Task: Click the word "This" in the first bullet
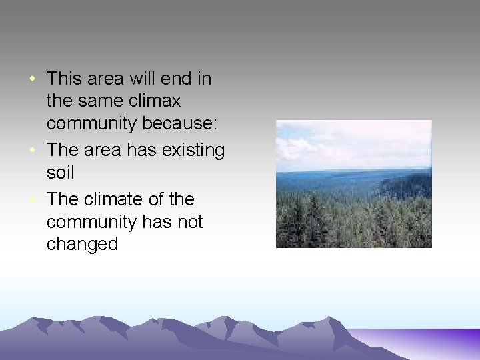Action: click(63, 79)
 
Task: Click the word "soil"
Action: click(60, 173)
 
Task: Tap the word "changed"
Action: click(82, 244)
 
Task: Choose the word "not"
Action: click(190, 222)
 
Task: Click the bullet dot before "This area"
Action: click(32, 79)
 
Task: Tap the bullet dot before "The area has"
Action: click(32, 151)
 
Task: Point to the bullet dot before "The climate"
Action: click(32, 200)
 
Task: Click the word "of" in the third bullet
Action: click(158, 199)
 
